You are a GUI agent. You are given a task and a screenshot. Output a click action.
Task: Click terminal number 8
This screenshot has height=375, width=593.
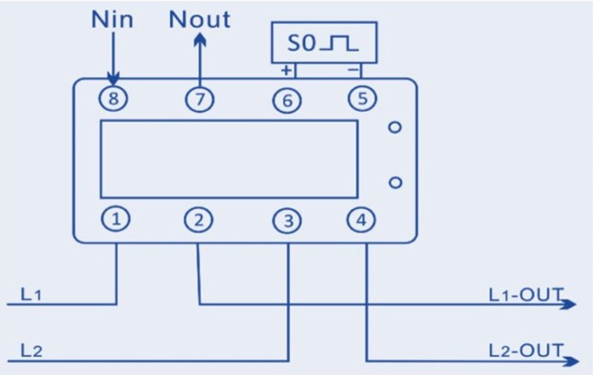tap(112, 100)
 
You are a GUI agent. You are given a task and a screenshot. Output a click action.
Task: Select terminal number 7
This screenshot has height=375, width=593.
tap(199, 100)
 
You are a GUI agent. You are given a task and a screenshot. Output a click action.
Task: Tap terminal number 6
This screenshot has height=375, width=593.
tap(286, 101)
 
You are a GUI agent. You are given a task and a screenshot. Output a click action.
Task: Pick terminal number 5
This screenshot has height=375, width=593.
tap(362, 99)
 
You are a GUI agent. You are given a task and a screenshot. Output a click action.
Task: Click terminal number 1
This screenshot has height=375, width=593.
tap(116, 218)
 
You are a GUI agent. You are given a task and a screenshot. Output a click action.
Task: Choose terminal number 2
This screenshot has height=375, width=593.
tap(199, 219)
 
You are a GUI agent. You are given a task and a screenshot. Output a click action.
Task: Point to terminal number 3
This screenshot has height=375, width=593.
tap(286, 220)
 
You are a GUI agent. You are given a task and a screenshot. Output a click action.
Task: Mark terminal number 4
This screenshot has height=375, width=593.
tap(362, 218)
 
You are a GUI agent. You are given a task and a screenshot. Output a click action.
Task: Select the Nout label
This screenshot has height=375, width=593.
tap(199, 19)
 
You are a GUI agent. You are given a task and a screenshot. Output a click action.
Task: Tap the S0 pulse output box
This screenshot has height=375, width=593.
tap(324, 43)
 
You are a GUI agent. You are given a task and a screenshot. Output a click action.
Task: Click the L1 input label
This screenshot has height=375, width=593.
tap(31, 294)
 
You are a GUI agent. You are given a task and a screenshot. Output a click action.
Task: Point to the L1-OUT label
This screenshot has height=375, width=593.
tap(525, 295)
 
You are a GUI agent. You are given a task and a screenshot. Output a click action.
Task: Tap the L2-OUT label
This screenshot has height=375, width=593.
tap(525, 350)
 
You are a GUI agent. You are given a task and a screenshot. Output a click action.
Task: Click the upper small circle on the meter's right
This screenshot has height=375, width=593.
tap(394, 127)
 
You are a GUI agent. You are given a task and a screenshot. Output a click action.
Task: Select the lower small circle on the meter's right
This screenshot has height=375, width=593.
tap(394, 183)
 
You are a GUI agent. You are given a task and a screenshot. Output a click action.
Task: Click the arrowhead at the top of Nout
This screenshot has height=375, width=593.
tap(199, 39)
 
